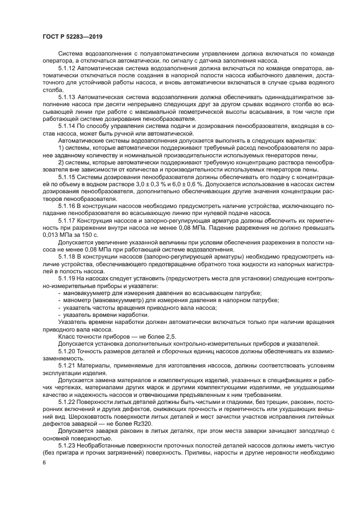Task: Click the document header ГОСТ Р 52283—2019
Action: point(72,36)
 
